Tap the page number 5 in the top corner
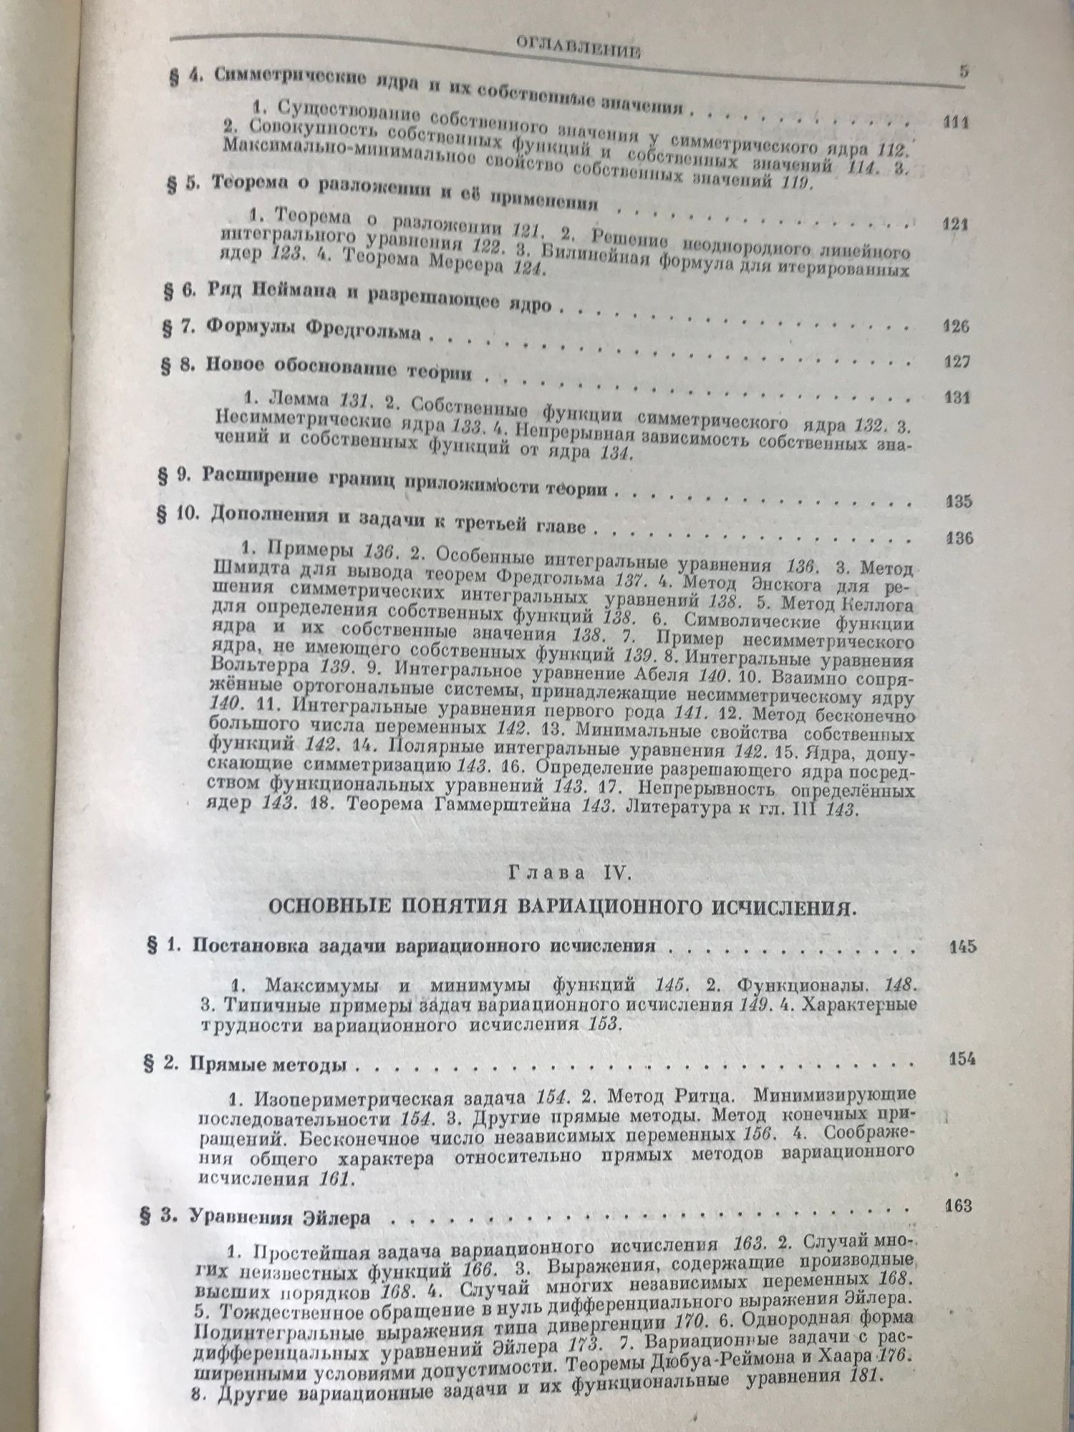click(x=963, y=72)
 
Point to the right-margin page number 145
click(x=961, y=947)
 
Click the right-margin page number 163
click(x=958, y=1206)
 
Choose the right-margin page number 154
click(x=959, y=1058)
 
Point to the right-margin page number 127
click(x=957, y=362)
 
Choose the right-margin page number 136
click(x=959, y=538)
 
